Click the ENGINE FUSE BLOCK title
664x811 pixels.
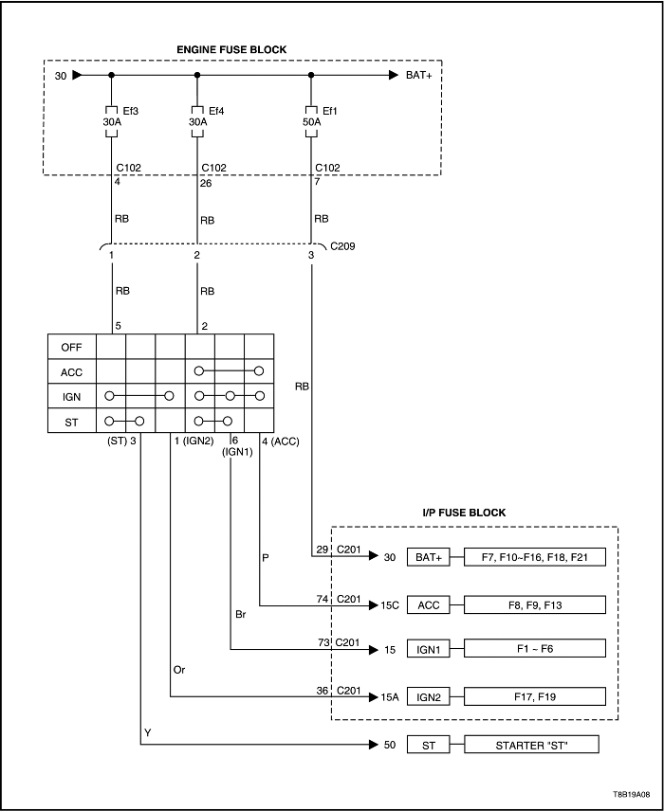(x=231, y=49)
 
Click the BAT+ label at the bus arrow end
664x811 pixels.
(x=418, y=75)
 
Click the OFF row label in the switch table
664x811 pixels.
(x=71, y=347)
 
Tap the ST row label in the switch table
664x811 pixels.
(x=71, y=421)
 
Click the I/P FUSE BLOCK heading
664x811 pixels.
(x=464, y=513)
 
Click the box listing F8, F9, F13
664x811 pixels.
(x=535, y=603)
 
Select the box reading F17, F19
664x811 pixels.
(x=535, y=696)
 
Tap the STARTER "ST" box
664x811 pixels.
(x=531, y=746)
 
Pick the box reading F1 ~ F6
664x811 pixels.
(x=535, y=649)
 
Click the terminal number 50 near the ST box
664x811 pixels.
(x=388, y=746)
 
